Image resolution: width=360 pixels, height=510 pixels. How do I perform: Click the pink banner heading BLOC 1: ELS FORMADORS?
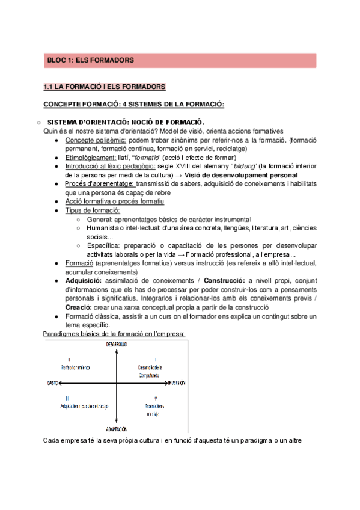(x=90, y=60)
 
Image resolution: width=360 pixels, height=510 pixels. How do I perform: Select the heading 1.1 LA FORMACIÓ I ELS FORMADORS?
(x=101, y=87)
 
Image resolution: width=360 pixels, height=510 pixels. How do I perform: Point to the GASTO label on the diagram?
(x=52, y=382)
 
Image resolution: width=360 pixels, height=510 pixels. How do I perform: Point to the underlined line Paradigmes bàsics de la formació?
(x=114, y=334)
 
